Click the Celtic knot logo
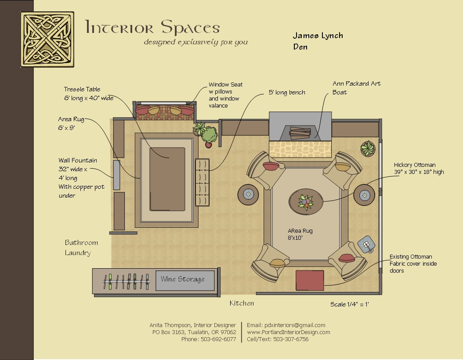[x=47, y=39]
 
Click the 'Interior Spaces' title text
[x=152, y=28]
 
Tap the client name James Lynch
[x=318, y=36]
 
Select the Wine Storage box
[x=186, y=280]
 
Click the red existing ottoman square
[x=309, y=281]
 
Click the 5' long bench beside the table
[x=202, y=182]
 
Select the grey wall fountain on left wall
[x=116, y=175]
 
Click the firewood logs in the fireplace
[x=300, y=132]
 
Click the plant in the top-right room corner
[x=368, y=149]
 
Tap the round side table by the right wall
[x=364, y=194]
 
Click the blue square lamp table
[x=366, y=244]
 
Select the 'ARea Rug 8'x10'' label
[x=300, y=234]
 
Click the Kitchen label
[x=242, y=303]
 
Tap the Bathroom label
[x=81, y=243]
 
